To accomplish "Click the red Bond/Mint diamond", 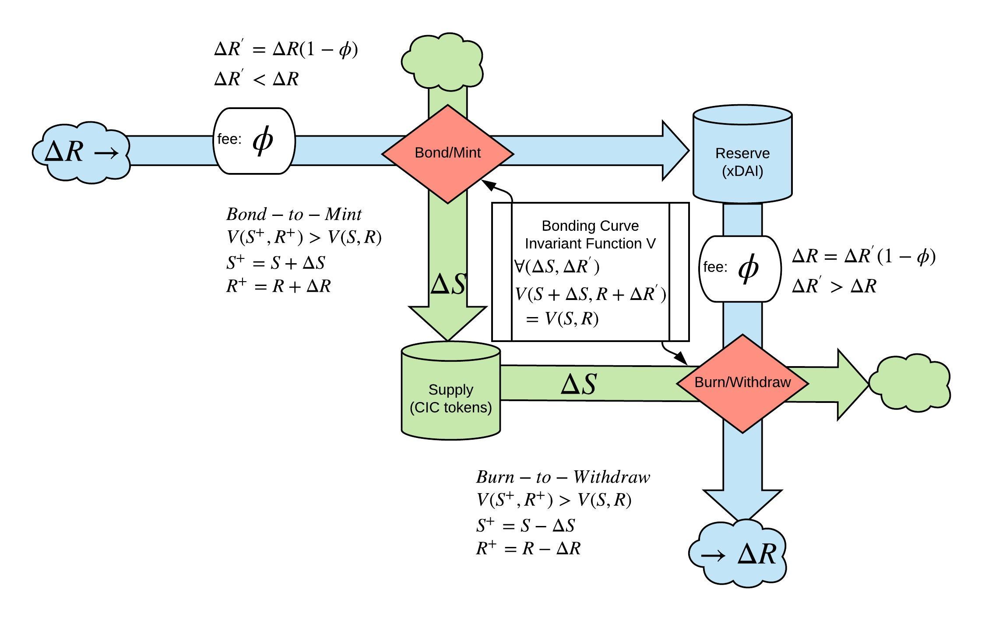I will point(447,153).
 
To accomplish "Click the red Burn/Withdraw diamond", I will point(742,383).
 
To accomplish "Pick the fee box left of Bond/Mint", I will point(254,141).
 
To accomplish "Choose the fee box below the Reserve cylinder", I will point(740,268).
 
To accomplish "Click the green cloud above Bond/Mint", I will point(443,61).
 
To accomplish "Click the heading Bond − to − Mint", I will point(294,215).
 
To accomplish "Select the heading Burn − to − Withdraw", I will point(563,477).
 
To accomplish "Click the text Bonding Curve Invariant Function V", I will point(590,235).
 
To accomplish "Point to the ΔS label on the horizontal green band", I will point(578,385).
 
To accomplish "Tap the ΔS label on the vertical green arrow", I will point(448,284).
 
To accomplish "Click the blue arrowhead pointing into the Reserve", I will point(675,150).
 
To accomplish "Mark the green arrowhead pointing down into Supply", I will point(448,322).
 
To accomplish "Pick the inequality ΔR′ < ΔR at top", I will point(257,79).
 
